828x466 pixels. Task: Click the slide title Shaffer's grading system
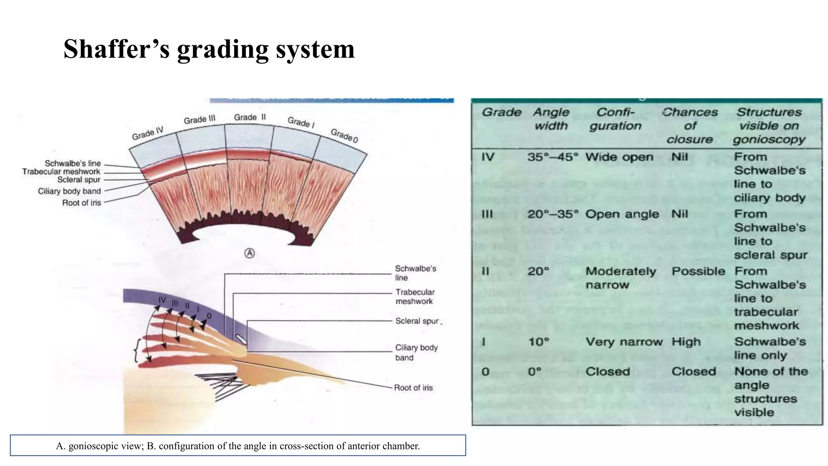209,49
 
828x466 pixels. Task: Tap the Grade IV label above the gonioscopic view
148,133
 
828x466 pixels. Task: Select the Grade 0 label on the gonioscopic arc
344,136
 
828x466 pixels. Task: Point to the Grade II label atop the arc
250,117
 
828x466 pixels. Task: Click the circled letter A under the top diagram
250,254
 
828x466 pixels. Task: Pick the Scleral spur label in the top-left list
78,180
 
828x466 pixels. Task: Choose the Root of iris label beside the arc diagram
81,203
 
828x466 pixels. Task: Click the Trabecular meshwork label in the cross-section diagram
415,297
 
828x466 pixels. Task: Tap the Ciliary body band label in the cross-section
416,352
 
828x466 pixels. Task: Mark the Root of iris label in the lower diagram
413,388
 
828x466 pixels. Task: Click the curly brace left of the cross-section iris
137,350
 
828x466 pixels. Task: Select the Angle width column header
551,119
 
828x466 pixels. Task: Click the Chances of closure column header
690,125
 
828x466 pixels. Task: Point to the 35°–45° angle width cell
553,157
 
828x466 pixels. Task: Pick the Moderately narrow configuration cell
621,278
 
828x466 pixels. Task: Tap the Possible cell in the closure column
698,271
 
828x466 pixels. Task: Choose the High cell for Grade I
686,342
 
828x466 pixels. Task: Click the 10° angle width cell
539,342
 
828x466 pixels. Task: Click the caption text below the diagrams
238,446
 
